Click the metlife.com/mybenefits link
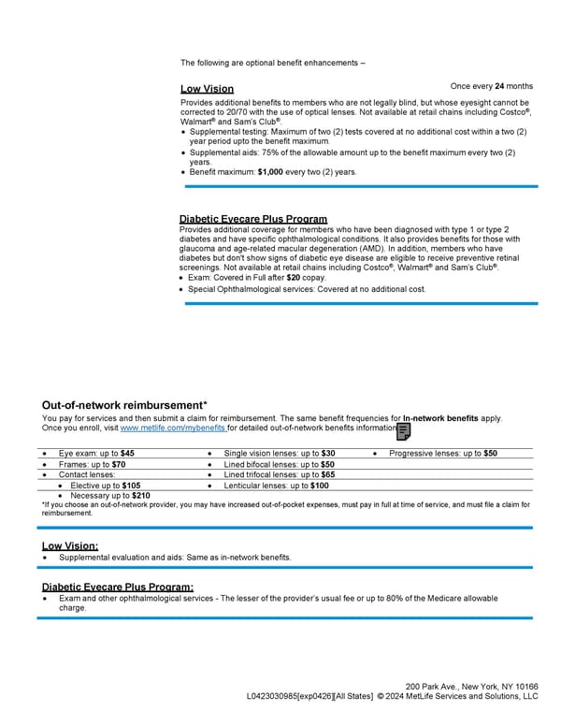click(x=173, y=428)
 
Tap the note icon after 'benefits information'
click(x=404, y=431)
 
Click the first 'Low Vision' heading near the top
click(x=207, y=89)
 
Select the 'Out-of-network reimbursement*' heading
click(x=125, y=405)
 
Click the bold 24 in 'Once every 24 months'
click(x=500, y=86)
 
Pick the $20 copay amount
click(x=293, y=278)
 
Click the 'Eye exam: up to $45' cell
click(x=96, y=453)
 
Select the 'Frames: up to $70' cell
click(x=92, y=464)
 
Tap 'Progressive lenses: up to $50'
click(x=443, y=453)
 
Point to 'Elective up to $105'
click(x=105, y=486)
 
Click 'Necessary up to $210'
click(x=109, y=496)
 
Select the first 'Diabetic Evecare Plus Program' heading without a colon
click(x=253, y=219)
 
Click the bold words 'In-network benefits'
click(x=439, y=418)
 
